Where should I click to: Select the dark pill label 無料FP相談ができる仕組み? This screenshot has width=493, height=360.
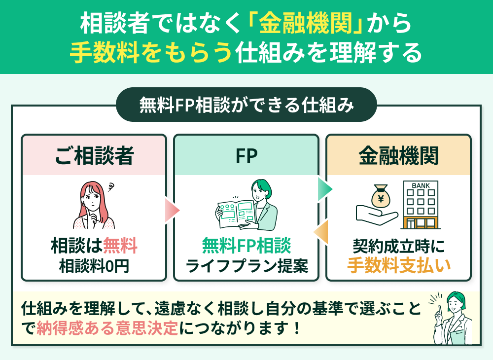coord(246,105)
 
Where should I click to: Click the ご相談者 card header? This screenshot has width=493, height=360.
coord(94,156)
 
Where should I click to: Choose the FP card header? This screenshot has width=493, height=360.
coord(246,156)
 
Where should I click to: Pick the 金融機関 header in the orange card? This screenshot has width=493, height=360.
coord(398,156)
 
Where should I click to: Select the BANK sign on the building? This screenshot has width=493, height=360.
coord(421,186)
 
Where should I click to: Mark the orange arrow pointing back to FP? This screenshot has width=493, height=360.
coord(322,232)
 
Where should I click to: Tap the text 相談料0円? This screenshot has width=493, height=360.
coord(94,266)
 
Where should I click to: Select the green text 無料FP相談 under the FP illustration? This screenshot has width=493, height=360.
coord(246,246)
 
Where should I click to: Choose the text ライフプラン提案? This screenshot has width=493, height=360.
coord(246,266)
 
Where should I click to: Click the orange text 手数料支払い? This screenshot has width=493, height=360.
coord(398,266)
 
